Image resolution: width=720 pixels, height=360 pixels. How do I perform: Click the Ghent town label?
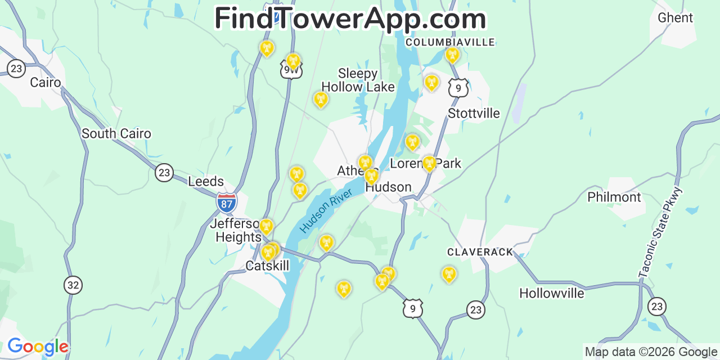pos(675,18)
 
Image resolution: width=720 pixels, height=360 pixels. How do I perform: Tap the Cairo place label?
pos(46,83)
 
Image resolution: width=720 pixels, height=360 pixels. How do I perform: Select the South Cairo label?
pos(116,134)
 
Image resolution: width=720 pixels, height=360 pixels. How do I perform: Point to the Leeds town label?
pos(206,182)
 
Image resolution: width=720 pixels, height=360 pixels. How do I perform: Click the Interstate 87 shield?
pos(226,202)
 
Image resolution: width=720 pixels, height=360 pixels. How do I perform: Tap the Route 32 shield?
pos(73,285)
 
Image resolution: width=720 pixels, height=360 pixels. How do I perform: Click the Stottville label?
pos(474,114)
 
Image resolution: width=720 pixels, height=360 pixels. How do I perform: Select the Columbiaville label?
pos(450,42)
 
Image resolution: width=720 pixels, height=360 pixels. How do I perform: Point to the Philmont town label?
pos(614,197)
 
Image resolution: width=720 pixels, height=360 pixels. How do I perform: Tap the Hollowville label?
pos(552,294)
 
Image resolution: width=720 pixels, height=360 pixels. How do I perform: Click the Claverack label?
pos(480,252)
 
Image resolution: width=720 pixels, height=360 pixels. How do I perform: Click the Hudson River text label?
pos(326,210)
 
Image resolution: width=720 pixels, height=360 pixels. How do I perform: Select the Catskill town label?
pos(267,265)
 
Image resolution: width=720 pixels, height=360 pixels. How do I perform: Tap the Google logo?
pos(38,346)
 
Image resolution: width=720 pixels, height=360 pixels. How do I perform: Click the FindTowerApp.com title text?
pos(350,19)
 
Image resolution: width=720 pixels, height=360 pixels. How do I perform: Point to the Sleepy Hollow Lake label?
pos(358,80)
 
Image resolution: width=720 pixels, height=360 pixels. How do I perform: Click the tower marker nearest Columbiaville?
pos(452,55)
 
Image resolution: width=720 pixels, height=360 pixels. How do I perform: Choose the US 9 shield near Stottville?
pos(458,88)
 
